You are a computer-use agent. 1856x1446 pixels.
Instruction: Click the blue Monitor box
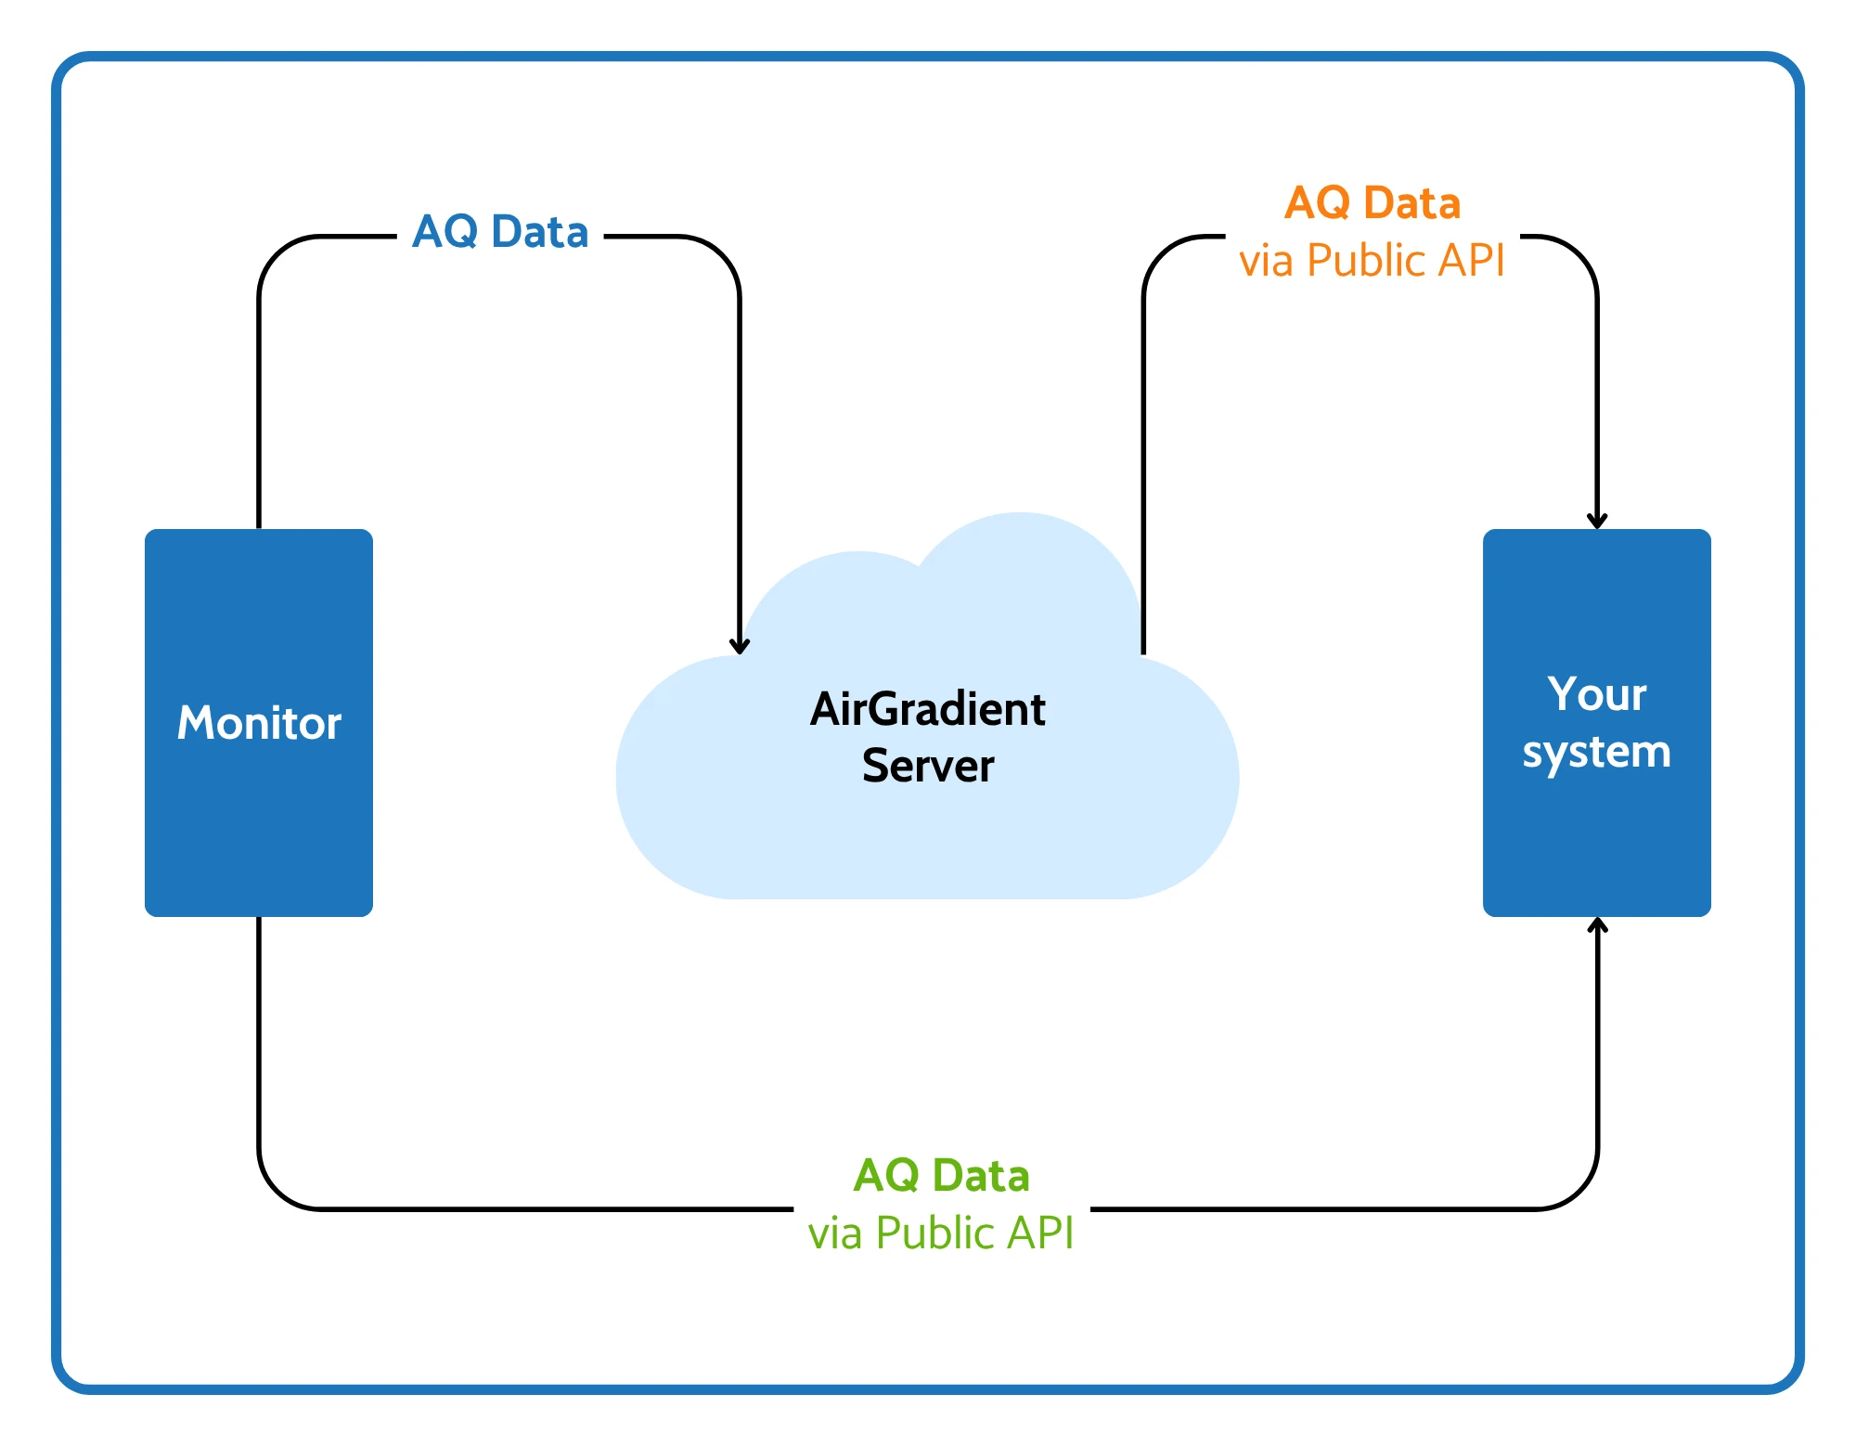click(x=259, y=723)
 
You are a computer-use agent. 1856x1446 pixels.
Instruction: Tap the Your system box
click(x=1597, y=723)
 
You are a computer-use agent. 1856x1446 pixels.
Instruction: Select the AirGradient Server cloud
click(x=928, y=706)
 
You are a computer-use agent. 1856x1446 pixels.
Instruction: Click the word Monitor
click(x=259, y=723)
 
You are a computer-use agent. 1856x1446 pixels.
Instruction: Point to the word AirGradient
click(x=928, y=709)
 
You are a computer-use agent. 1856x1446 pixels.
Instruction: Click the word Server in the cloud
click(x=928, y=766)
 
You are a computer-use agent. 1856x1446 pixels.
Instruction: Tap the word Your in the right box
click(x=1597, y=694)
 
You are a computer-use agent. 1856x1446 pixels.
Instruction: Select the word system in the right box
click(x=1597, y=752)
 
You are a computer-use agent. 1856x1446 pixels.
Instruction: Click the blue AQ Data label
click(x=501, y=231)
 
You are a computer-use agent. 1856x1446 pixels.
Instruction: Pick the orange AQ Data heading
click(x=1373, y=202)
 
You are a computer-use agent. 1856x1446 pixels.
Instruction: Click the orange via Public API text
click(x=1373, y=260)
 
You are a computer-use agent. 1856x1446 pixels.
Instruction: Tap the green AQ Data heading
click(x=942, y=1175)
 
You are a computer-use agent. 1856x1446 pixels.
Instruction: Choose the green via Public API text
click(x=942, y=1233)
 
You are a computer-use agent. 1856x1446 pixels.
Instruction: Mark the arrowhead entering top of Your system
click(x=1597, y=521)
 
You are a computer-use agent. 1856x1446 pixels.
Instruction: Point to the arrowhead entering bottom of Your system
click(x=1597, y=925)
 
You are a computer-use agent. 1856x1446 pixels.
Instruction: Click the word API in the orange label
click(x=1471, y=260)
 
